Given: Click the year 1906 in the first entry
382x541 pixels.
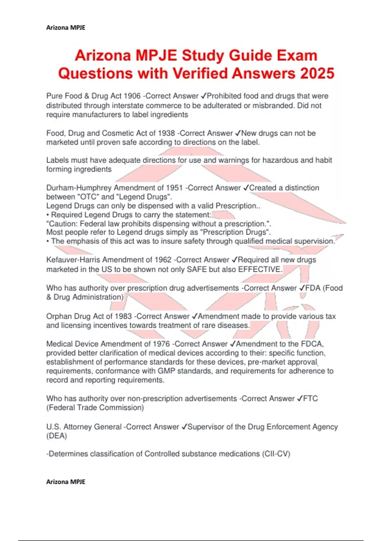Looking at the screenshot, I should click(x=132, y=96).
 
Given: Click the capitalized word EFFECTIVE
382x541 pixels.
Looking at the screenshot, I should click(x=260, y=269).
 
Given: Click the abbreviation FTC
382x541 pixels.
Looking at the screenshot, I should click(x=310, y=398).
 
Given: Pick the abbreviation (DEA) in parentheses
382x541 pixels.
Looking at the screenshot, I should click(x=57, y=436).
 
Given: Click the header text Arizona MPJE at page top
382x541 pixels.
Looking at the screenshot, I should click(x=66, y=28).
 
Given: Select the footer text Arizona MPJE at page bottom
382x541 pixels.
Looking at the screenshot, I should click(x=66, y=482).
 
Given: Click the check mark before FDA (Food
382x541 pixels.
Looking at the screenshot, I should click(x=302, y=288).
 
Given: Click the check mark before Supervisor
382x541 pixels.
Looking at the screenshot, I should click(x=184, y=427).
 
